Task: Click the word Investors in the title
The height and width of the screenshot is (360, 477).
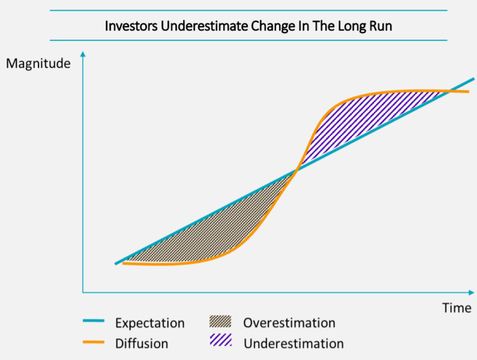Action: click(131, 26)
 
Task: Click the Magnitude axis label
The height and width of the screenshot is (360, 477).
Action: click(38, 64)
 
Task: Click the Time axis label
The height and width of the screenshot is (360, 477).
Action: click(457, 308)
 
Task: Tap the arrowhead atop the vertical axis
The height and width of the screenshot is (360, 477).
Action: click(83, 54)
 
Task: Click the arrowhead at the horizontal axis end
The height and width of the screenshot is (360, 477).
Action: click(472, 292)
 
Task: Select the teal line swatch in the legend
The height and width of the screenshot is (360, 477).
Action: click(94, 321)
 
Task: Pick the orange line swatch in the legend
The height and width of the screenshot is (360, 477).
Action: click(94, 343)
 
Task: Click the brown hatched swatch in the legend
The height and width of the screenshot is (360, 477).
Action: click(220, 322)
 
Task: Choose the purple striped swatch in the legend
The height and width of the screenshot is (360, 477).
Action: click(221, 340)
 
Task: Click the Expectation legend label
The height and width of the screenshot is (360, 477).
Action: click(150, 323)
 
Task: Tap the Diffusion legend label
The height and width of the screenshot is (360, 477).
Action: click(142, 344)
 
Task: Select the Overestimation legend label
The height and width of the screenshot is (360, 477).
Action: click(289, 323)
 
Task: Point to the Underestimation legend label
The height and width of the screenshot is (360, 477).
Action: click(294, 344)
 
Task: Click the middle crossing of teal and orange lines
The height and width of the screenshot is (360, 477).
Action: click(296, 170)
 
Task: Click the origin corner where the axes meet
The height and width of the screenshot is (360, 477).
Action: click(83, 292)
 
